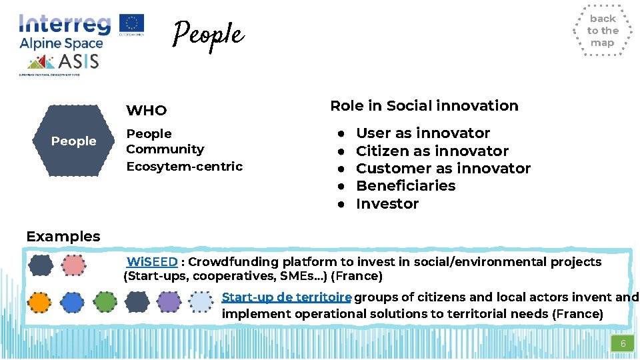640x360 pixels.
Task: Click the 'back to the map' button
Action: pos(602,31)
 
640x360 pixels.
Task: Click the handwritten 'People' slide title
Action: pos(208,34)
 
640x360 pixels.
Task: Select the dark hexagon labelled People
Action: pos(73,141)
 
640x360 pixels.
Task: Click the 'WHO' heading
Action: pos(147,111)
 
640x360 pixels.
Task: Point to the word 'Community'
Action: pos(165,149)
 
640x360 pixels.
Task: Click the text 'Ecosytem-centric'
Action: pos(185,166)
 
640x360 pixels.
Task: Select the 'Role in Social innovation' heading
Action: pos(424,106)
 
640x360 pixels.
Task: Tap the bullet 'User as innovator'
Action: pos(423,133)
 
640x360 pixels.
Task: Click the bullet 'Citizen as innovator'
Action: pos(432,151)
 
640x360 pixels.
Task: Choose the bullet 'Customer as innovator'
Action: pos(443,169)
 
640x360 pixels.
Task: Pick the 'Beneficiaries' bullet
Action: pos(405,186)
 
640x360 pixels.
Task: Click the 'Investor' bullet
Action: pos(387,204)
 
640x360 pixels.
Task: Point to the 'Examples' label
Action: pos(63,236)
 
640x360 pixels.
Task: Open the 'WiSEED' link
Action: pos(152,262)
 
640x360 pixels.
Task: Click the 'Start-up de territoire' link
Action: pos(286,297)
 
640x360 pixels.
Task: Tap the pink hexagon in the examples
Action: pos(73,266)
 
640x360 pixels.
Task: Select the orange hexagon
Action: pos(40,302)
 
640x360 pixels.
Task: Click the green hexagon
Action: pos(105,302)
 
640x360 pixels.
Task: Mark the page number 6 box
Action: pos(623,344)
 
